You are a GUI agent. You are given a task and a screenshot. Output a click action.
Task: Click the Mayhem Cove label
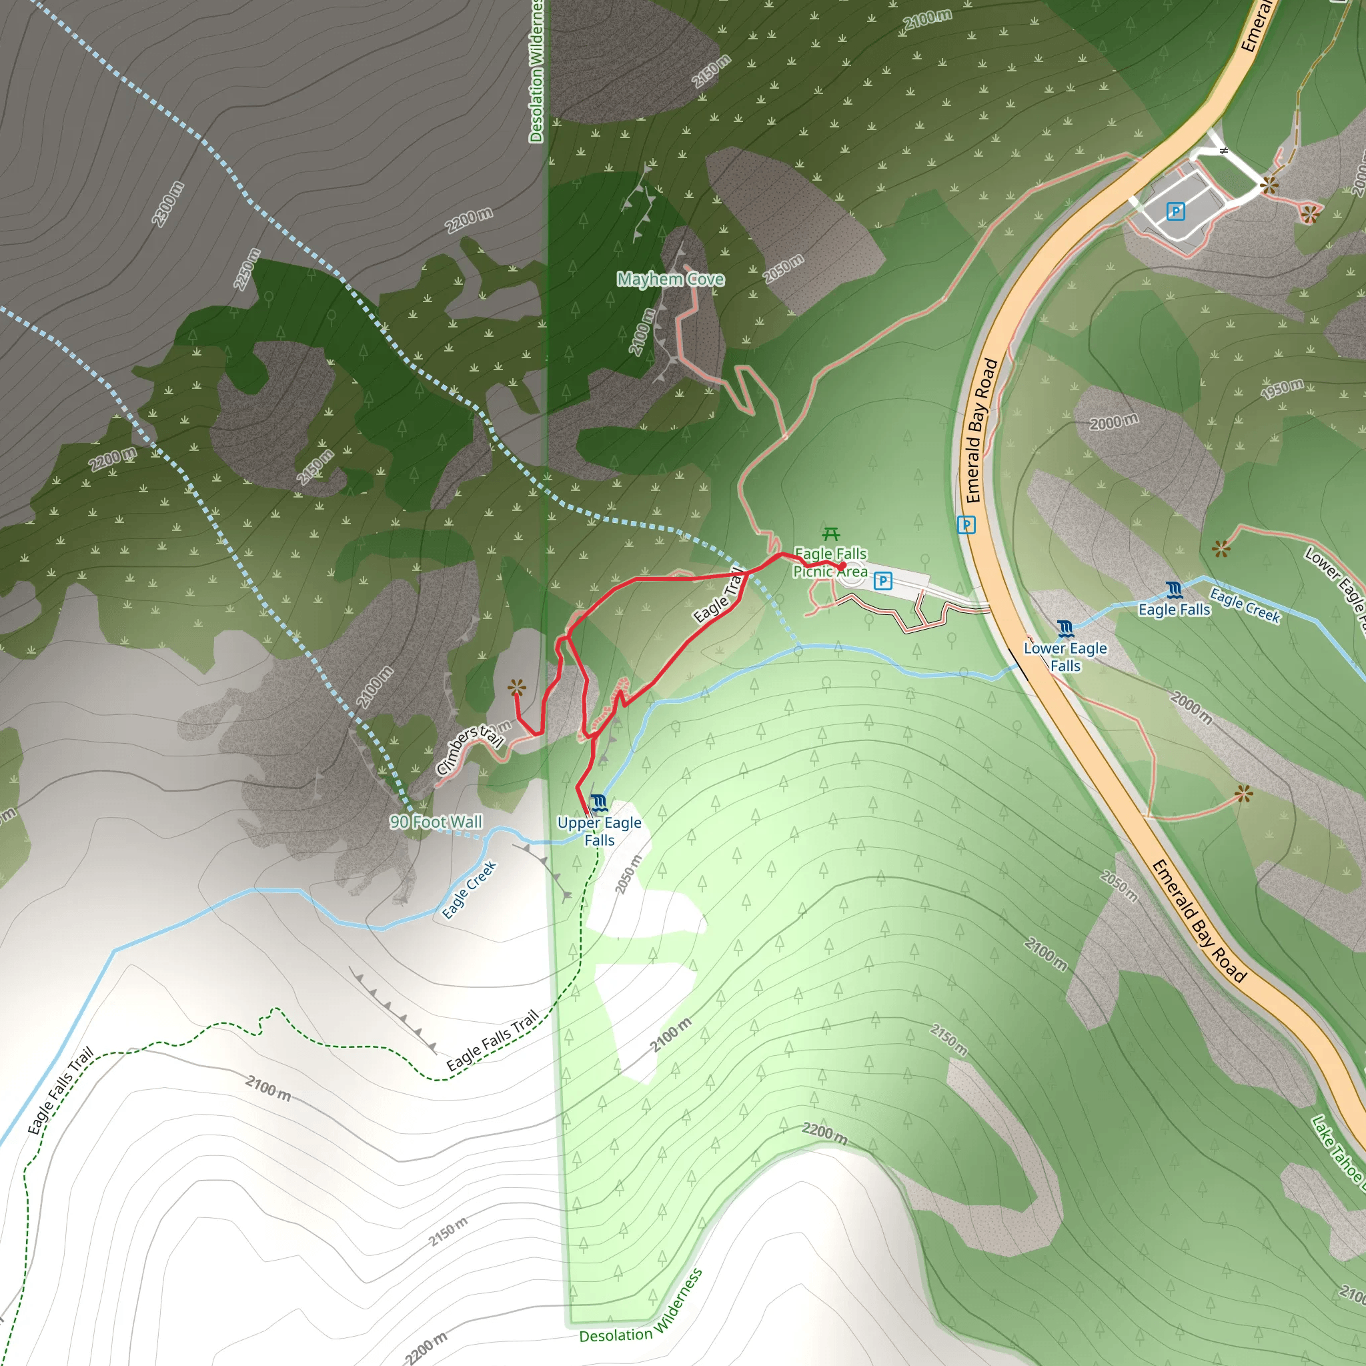pos(670,279)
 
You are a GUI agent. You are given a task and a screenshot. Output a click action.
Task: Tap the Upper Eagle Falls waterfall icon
pos(599,802)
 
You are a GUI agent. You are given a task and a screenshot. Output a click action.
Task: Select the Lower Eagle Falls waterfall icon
pos(1065,628)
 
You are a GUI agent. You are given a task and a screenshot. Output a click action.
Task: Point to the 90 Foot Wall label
pos(436,822)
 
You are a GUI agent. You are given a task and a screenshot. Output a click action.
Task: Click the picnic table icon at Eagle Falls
pos(832,534)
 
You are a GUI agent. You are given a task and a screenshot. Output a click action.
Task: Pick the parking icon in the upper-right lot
pos(1175,211)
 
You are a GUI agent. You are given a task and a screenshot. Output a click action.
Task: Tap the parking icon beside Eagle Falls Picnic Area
pos(882,581)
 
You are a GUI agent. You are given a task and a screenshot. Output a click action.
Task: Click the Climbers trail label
pos(470,749)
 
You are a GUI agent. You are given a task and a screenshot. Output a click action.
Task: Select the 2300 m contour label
pos(167,204)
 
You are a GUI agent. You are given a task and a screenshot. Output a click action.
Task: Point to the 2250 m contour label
pos(247,269)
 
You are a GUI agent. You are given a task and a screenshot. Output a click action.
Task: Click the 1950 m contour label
pos(1283,388)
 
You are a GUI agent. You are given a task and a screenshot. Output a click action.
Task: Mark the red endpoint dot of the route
pos(841,566)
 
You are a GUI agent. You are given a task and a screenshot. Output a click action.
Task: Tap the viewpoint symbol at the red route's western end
pos(517,686)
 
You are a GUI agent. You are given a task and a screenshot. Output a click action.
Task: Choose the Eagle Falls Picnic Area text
pos(830,562)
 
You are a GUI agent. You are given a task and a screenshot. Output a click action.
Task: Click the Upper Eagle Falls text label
pos(600,832)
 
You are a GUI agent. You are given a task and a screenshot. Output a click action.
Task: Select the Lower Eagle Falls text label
pos(1065,657)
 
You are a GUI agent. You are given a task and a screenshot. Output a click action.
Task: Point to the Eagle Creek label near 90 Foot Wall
pos(470,890)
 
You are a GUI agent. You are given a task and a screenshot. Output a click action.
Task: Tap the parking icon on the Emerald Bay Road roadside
pos(966,525)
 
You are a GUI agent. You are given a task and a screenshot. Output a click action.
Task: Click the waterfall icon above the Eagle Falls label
pos(1175,590)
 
